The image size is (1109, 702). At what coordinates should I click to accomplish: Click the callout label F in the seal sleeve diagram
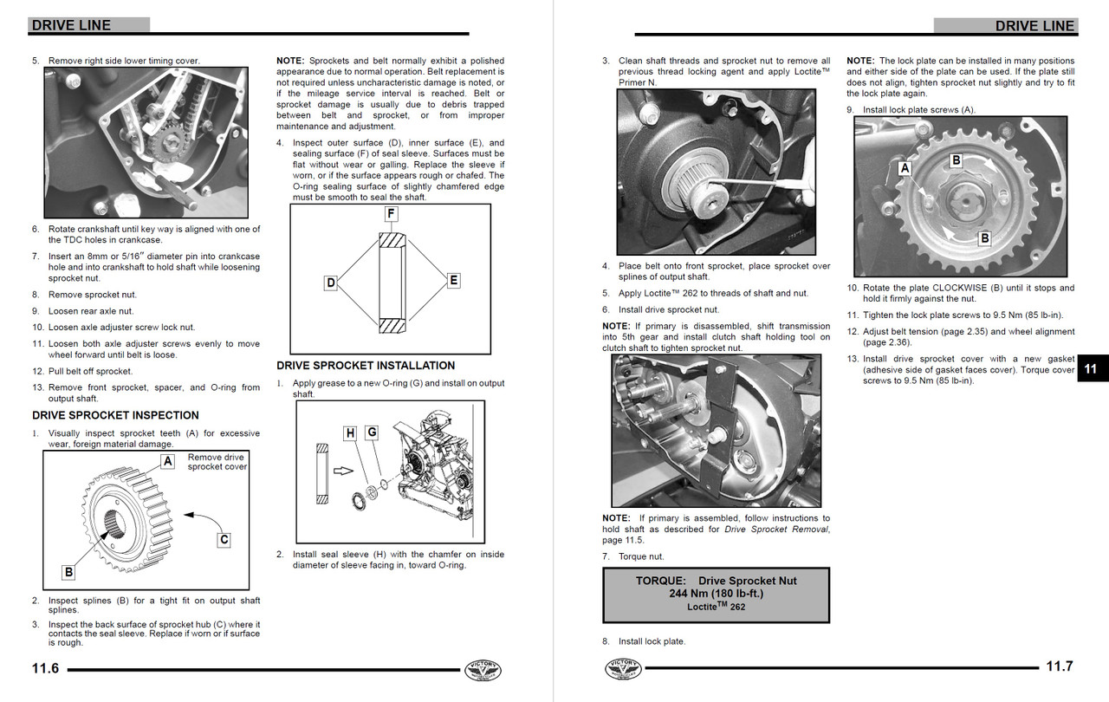(x=391, y=212)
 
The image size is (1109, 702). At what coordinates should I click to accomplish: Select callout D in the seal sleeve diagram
(x=330, y=283)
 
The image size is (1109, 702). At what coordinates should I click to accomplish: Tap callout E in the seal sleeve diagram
(x=453, y=280)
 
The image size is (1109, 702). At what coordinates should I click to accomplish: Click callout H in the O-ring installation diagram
(x=350, y=432)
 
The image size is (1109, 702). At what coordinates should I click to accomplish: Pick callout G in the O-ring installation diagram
(x=371, y=432)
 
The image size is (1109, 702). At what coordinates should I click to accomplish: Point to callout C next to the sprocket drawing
(x=224, y=539)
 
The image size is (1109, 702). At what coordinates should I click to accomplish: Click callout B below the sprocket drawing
(x=68, y=572)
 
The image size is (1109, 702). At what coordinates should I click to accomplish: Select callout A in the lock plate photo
(x=905, y=168)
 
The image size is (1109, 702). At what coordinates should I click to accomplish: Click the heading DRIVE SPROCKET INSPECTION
(x=115, y=415)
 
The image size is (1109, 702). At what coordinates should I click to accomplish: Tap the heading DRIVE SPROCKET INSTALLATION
(x=366, y=366)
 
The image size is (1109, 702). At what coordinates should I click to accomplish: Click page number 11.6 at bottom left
(x=45, y=667)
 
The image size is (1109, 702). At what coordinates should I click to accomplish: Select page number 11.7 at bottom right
(x=1059, y=666)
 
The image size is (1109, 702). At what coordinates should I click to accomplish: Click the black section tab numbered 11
(x=1091, y=369)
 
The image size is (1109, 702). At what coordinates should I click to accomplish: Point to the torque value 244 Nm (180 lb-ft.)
(x=716, y=594)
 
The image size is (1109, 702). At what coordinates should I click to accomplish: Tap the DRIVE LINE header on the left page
(x=71, y=25)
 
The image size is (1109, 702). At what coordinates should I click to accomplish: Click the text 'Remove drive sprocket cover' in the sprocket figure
(x=217, y=462)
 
